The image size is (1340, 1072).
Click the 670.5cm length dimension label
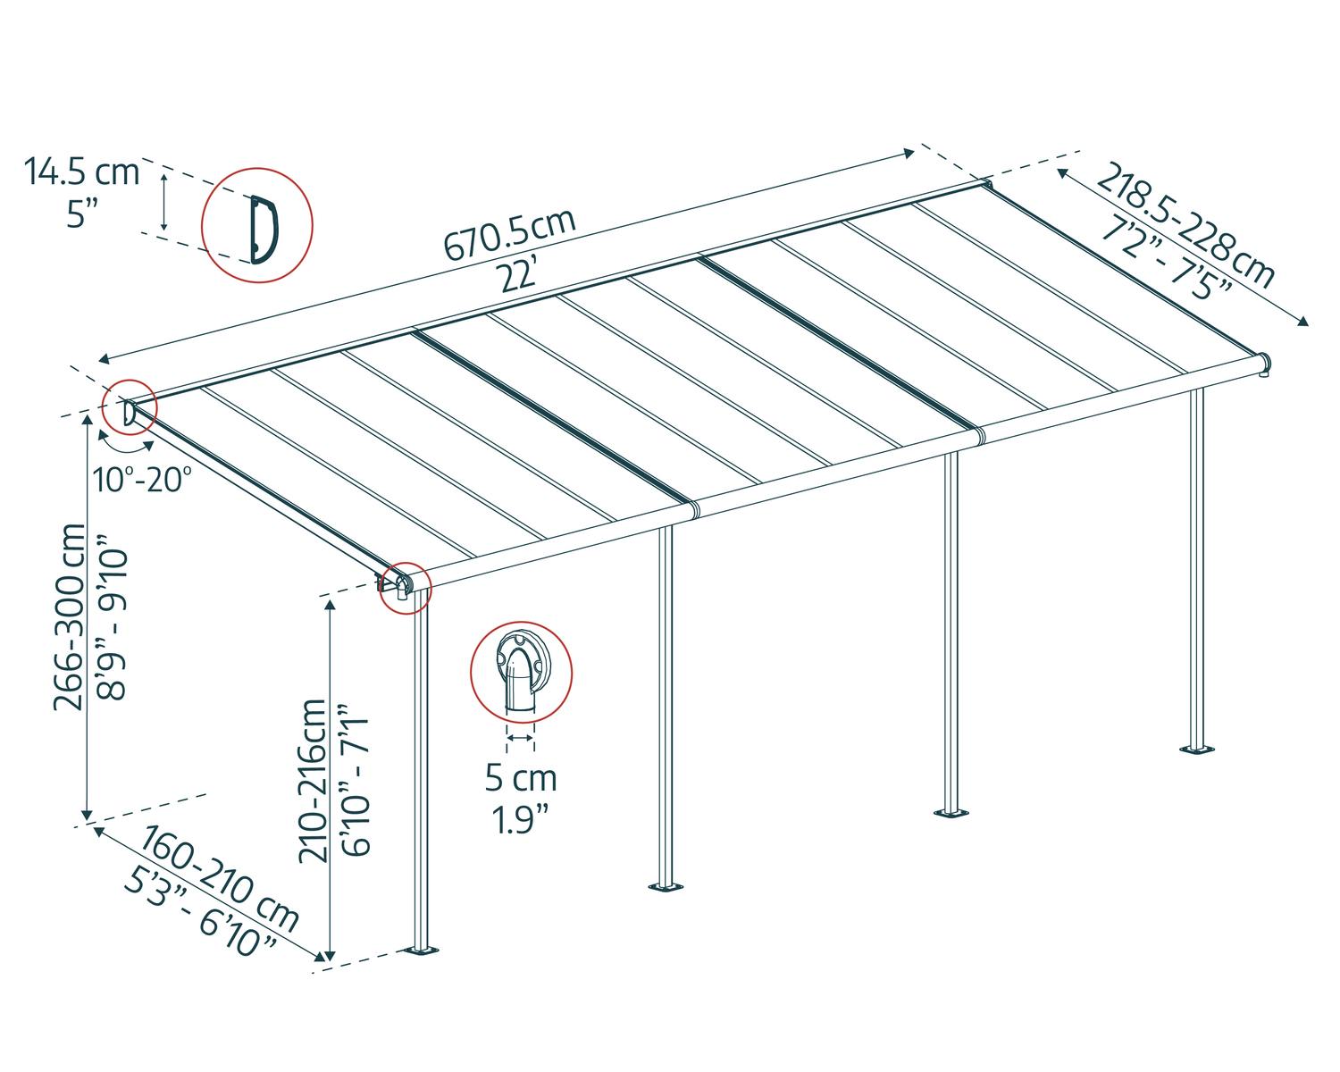tap(510, 236)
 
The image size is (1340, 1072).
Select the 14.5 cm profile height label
tap(82, 172)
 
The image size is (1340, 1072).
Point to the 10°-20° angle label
tap(143, 480)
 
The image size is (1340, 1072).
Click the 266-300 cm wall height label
tap(70, 616)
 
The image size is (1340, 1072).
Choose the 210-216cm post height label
tap(314, 780)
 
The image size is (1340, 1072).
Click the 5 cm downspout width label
tap(521, 778)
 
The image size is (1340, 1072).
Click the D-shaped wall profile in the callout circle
tap(263, 230)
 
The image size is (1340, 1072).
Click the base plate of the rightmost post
tap(1195, 748)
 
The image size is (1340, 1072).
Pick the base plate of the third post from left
tap(951, 812)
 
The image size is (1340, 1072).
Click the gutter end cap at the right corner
tap(1263, 363)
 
